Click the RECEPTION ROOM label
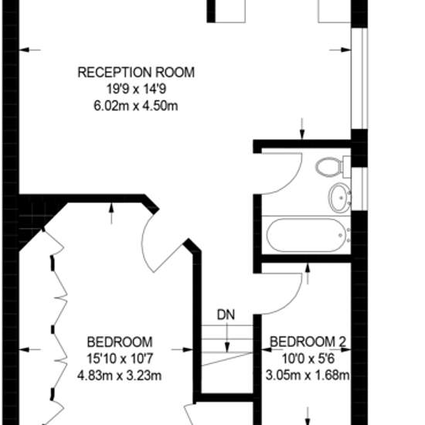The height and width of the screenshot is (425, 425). (x=136, y=73)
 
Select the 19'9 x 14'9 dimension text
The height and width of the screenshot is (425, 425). (x=136, y=89)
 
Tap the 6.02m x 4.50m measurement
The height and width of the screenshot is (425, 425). (x=136, y=106)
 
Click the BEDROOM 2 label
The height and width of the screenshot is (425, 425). (x=308, y=342)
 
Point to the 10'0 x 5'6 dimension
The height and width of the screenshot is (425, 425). (x=308, y=359)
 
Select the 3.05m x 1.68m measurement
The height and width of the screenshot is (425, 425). (x=308, y=376)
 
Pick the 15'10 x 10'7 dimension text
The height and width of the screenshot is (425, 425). (x=120, y=359)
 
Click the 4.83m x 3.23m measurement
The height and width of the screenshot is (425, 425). (x=120, y=376)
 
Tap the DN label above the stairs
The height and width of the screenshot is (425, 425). (x=226, y=315)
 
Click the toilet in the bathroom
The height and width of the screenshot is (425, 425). (x=333, y=167)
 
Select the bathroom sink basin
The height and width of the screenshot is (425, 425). (x=340, y=197)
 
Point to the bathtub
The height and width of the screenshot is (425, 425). (x=307, y=235)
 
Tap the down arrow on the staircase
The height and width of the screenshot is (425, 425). (x=227, y=338)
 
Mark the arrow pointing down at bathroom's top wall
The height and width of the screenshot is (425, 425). (x=302, y=129)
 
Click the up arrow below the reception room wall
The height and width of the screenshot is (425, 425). (x=111, y=213)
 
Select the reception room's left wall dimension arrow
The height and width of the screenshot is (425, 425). (x=30, y=50)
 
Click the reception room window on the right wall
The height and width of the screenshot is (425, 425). (x=359, y=78)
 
